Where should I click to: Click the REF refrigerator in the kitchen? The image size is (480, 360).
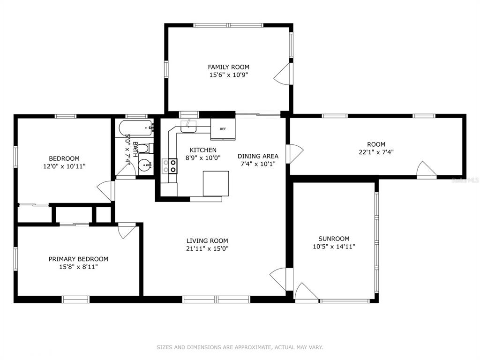pyautogui.click(x=223, y=129)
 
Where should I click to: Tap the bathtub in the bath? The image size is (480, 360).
pyautogui.click(x=135, y=128)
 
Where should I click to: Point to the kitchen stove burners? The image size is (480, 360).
pyautogui.click(x=169, y=166)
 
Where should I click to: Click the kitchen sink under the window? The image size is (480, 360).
pyautogui.click(x=188, y=126)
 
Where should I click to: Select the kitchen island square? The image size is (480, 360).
pyautogui.click(x=216, y=183)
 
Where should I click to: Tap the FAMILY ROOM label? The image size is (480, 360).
pyautogui.click(x=228, y=67)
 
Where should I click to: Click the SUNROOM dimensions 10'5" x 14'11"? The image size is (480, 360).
pyautogui.click(x=334, y=247)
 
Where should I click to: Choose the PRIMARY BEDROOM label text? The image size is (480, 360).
pyautogui.click(x=78, y=259)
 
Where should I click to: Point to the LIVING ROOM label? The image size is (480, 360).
pyautogui.click(x=207, y=240)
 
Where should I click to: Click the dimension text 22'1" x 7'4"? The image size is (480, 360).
pyautogui.click(x=376, y=152)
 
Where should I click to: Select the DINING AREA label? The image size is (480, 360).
pyautogui.click(x=258, y=156)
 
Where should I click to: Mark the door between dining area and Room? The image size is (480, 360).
pyautogui.click(x=294, y=154)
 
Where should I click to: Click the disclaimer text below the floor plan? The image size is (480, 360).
pyautogui.click(x=240, y=347)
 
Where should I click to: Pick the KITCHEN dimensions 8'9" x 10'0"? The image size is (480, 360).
pyautogui.click(x=203, y=157)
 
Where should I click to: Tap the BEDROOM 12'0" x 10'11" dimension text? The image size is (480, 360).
pyautogui.click(x=64, y=166)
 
